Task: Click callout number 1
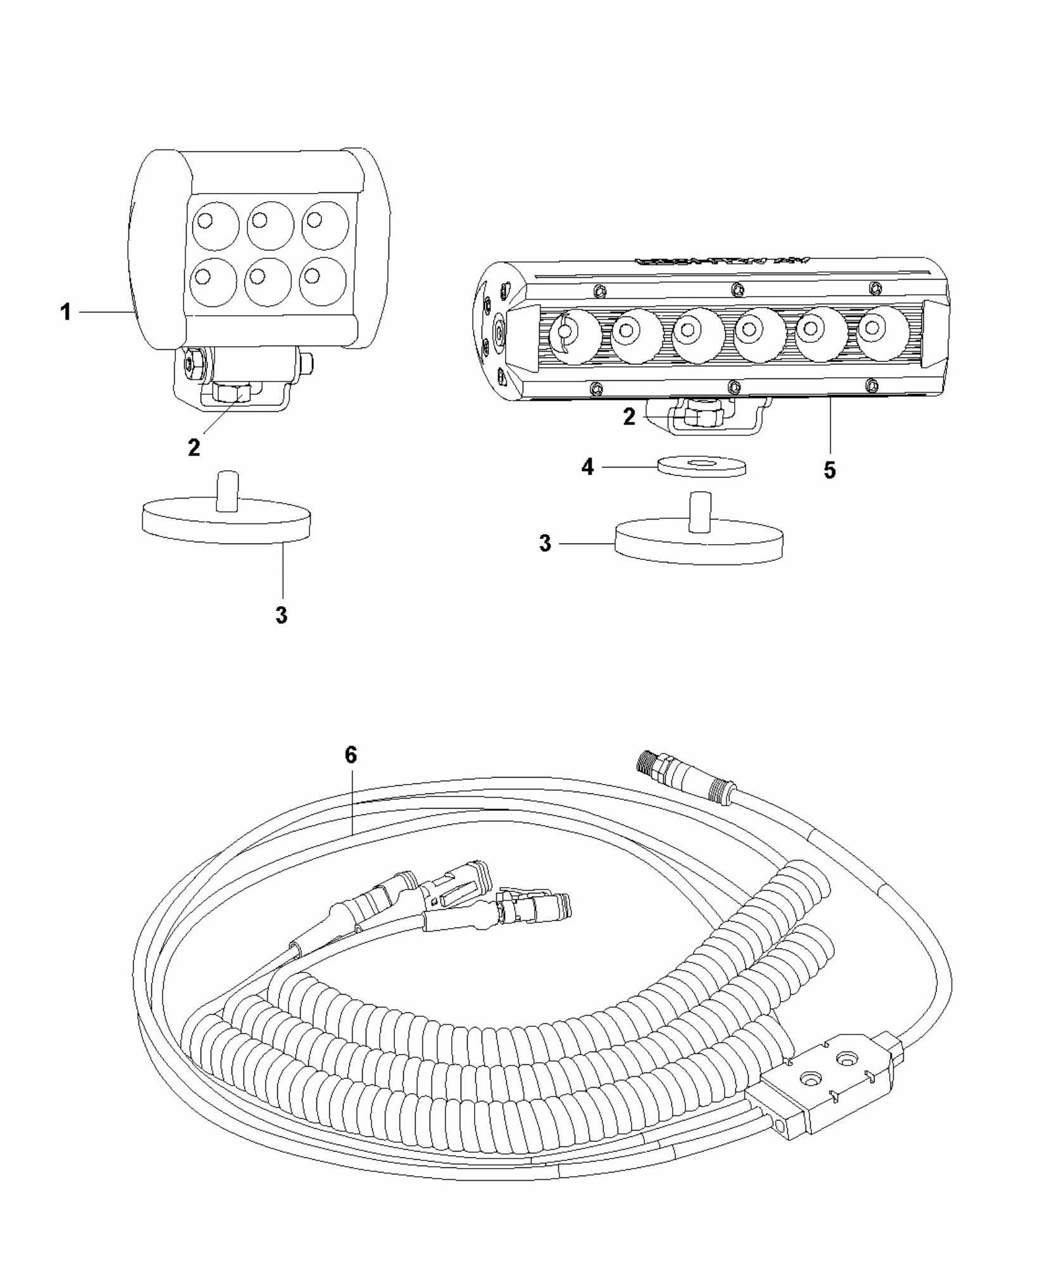pos(65,312)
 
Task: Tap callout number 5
pos(829,469)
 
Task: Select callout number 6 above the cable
pos(351,755)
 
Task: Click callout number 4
pos(588,468)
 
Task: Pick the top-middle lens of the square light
pos(270,224)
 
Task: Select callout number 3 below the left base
pos(282,614)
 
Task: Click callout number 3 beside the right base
pos(545,544)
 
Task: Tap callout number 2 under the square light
pos(194,447)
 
